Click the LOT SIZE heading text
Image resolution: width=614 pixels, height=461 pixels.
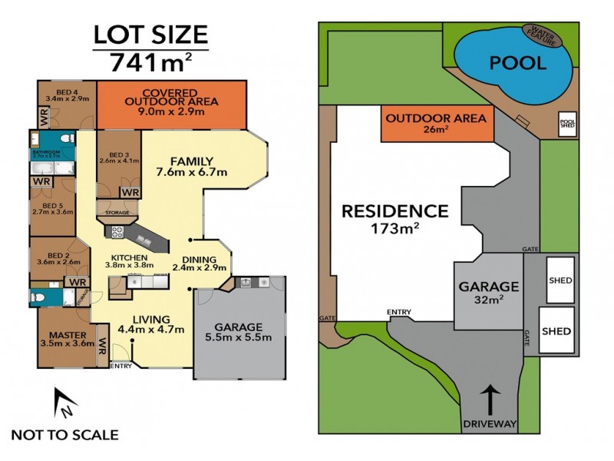(x=150, y=34)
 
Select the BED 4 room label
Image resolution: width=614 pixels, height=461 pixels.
(x=67, y=95)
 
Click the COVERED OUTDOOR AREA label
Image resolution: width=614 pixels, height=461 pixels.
(x=171, y=101)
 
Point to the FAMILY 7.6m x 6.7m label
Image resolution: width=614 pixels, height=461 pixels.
(x=192, y=166)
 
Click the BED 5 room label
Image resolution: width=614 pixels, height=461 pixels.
(x=52, y=209)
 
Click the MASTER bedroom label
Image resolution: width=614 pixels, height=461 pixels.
(x=67, y=340)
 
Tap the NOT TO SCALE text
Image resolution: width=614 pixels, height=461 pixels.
(x=64, y=435)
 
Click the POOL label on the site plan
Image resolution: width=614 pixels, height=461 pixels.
(x=507, y=63)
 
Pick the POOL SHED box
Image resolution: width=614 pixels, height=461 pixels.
(x=567, y=124)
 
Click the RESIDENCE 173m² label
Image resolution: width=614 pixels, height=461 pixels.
(x=394, y=217)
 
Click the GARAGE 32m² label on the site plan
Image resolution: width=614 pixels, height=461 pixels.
(x=489, y=293)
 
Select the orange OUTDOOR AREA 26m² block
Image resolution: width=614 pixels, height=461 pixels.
(x=435, y=124)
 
